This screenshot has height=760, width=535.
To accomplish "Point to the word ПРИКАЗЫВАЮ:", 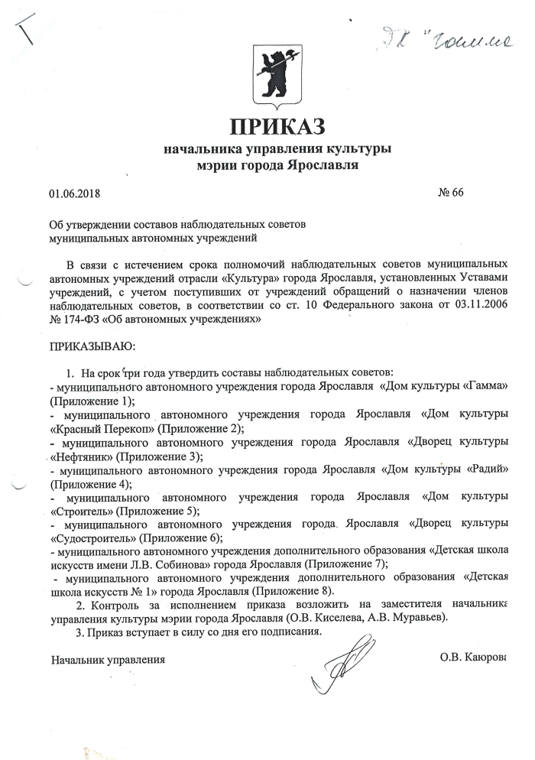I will click(x=92, y=346).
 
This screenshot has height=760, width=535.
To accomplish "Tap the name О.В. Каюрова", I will click(x=474, y=657).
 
